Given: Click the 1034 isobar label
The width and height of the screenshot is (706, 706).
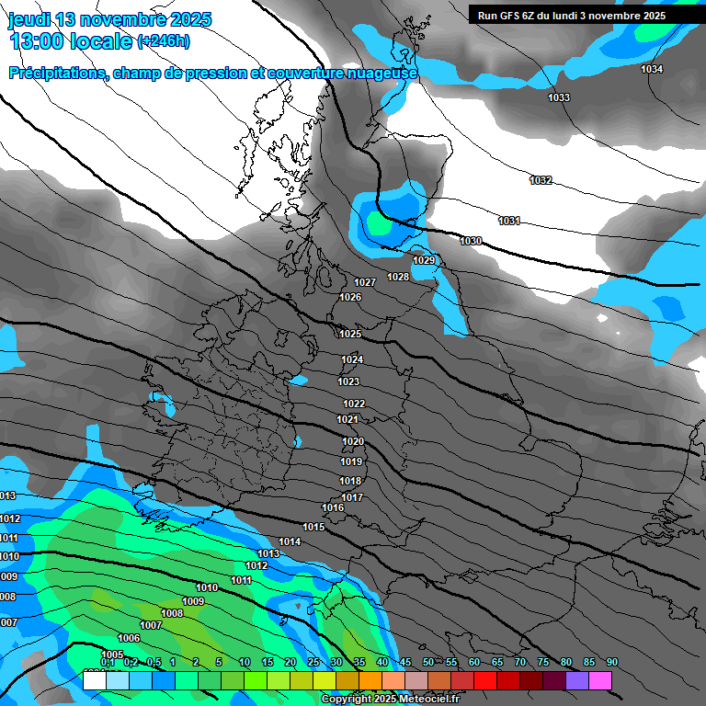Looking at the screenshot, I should (652, 70).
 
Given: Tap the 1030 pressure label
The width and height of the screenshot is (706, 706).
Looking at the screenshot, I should (471, 241).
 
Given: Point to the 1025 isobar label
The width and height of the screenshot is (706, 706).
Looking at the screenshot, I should (350, 334).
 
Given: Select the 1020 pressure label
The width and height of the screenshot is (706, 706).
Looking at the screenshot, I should (353, 441).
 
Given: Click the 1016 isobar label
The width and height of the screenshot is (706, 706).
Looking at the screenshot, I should (333, 507).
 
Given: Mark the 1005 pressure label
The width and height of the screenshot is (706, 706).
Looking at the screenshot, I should (113, 655).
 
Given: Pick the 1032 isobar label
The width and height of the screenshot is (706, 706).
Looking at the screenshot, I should (541, 180).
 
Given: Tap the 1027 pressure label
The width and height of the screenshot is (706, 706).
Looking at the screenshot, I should (365, 282).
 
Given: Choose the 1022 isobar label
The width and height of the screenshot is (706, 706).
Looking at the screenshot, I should (354, 404).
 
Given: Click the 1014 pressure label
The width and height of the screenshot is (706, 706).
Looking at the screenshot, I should (290, 541).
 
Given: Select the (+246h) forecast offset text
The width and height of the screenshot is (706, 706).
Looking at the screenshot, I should (164, 41).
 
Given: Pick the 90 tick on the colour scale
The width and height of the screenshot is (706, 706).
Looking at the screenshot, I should (611, 662).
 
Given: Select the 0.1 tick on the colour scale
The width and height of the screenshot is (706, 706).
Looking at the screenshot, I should (107, 662).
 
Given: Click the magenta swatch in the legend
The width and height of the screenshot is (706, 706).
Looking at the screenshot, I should (600, 680).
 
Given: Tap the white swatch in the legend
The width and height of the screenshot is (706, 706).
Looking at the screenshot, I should (95, 680).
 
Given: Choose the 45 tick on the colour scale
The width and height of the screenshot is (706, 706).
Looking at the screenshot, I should (405, 662).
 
